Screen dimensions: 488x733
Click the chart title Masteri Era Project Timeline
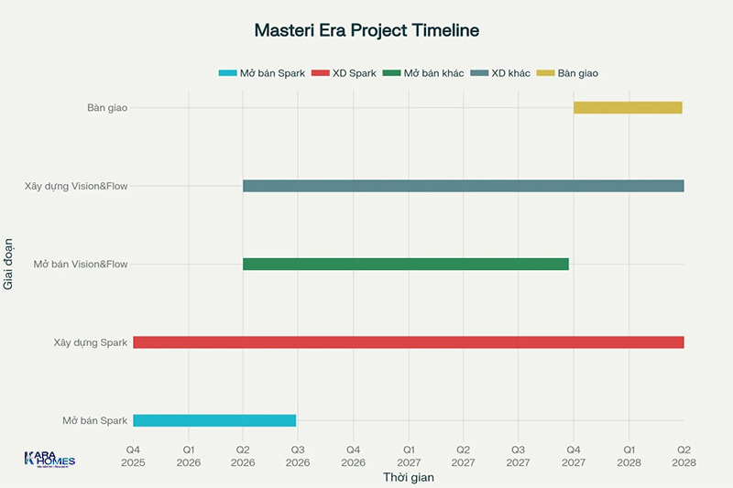click(x=366, y=30)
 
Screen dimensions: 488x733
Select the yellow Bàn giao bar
click(x=628, y=107)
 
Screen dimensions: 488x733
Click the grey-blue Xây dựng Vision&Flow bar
click(x=463, y=186)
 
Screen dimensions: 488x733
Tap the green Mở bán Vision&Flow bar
click(x=405, y=265)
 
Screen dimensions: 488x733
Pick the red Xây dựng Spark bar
click(x=408, y=342)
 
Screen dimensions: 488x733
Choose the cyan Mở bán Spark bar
click(x=214, y=420)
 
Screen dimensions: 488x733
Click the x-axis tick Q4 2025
click(x=133, y=456)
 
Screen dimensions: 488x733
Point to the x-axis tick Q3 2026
click(x=298, y=456)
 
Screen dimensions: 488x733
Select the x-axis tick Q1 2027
click(x=409, y=456)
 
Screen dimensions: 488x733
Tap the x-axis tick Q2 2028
click(x=684, y=456)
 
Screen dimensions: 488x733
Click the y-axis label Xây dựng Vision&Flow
click(x=76, y=186)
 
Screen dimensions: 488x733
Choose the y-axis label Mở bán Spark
click(x=94, y=420)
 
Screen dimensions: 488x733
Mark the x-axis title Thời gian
click(x=408, y=477)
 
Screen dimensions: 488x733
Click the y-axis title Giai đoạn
click(x=9, y=264)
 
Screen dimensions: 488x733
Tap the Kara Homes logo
click(x=49, y=460)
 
